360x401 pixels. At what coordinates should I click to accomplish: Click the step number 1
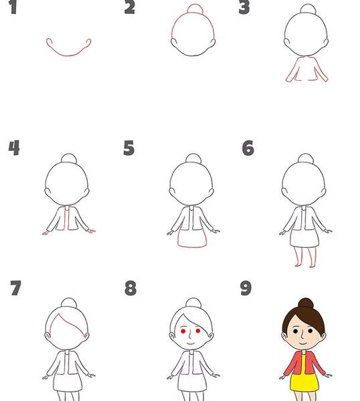point(13,7)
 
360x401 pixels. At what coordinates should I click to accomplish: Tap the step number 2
point(130,7)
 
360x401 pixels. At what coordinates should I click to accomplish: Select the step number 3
point(244,7)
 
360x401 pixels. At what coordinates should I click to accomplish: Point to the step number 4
point(14,148)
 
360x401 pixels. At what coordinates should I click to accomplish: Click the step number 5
point(128,148)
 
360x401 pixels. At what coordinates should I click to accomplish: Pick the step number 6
point(248,148)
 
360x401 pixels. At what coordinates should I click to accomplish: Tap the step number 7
point(15,288)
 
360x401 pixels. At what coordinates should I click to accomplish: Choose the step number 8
point(130,288)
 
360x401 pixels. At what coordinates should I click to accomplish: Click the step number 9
point(246,288)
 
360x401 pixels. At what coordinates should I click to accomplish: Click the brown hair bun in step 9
point(306,303)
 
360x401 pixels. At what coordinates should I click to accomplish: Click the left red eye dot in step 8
point(183,331)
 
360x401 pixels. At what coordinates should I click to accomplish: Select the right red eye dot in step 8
point(198,331)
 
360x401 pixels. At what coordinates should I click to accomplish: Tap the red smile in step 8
point(191,344)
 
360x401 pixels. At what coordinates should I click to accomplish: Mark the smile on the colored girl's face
point(303,344)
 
